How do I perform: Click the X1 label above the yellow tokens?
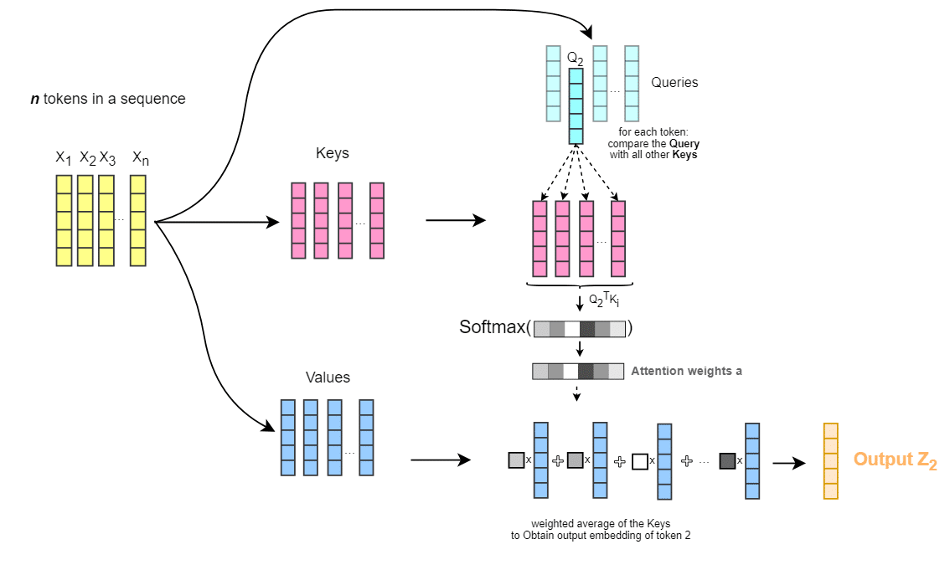coord(64,158)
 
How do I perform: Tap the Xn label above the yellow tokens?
coord(140,158)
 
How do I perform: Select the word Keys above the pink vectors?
coord(333,154)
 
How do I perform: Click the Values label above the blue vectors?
coord(328,377)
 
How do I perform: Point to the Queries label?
coord(674,83)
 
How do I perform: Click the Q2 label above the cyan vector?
coord(575,59)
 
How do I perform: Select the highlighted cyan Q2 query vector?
coord(575,106)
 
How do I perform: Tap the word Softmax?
coord(493,327)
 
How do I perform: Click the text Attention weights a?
coord(686,371)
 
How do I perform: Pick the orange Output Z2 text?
coord(895,460)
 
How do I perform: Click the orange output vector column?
coord(830,461)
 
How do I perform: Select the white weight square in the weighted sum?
coord(640,461)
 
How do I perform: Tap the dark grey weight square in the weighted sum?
coord(726,460)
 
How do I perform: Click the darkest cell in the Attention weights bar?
coord(586,371)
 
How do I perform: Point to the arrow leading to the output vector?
coord(788,462)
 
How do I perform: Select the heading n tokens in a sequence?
coord(108,99)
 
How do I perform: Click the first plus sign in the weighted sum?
coord(559,460)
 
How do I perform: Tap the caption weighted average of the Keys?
coord(601,524)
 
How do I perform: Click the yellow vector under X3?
coord(106,220)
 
